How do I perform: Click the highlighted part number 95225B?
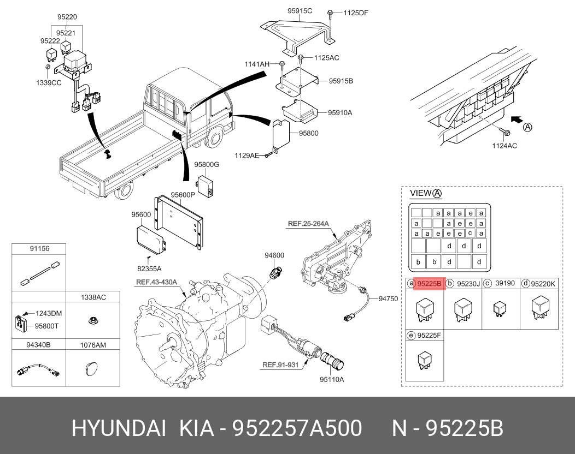click(429, 283)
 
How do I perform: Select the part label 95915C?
click(300, 10)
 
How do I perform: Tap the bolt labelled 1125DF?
click(331, 13)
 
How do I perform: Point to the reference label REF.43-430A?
click(156, 282)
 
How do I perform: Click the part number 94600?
click(274, 255)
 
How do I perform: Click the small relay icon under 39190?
click(498, 308)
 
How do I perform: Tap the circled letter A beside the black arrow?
click(527, 128)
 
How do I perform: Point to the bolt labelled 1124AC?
click(504, 132)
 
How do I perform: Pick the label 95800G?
click(206, 164)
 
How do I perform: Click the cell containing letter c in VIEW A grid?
click(470, 234)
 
